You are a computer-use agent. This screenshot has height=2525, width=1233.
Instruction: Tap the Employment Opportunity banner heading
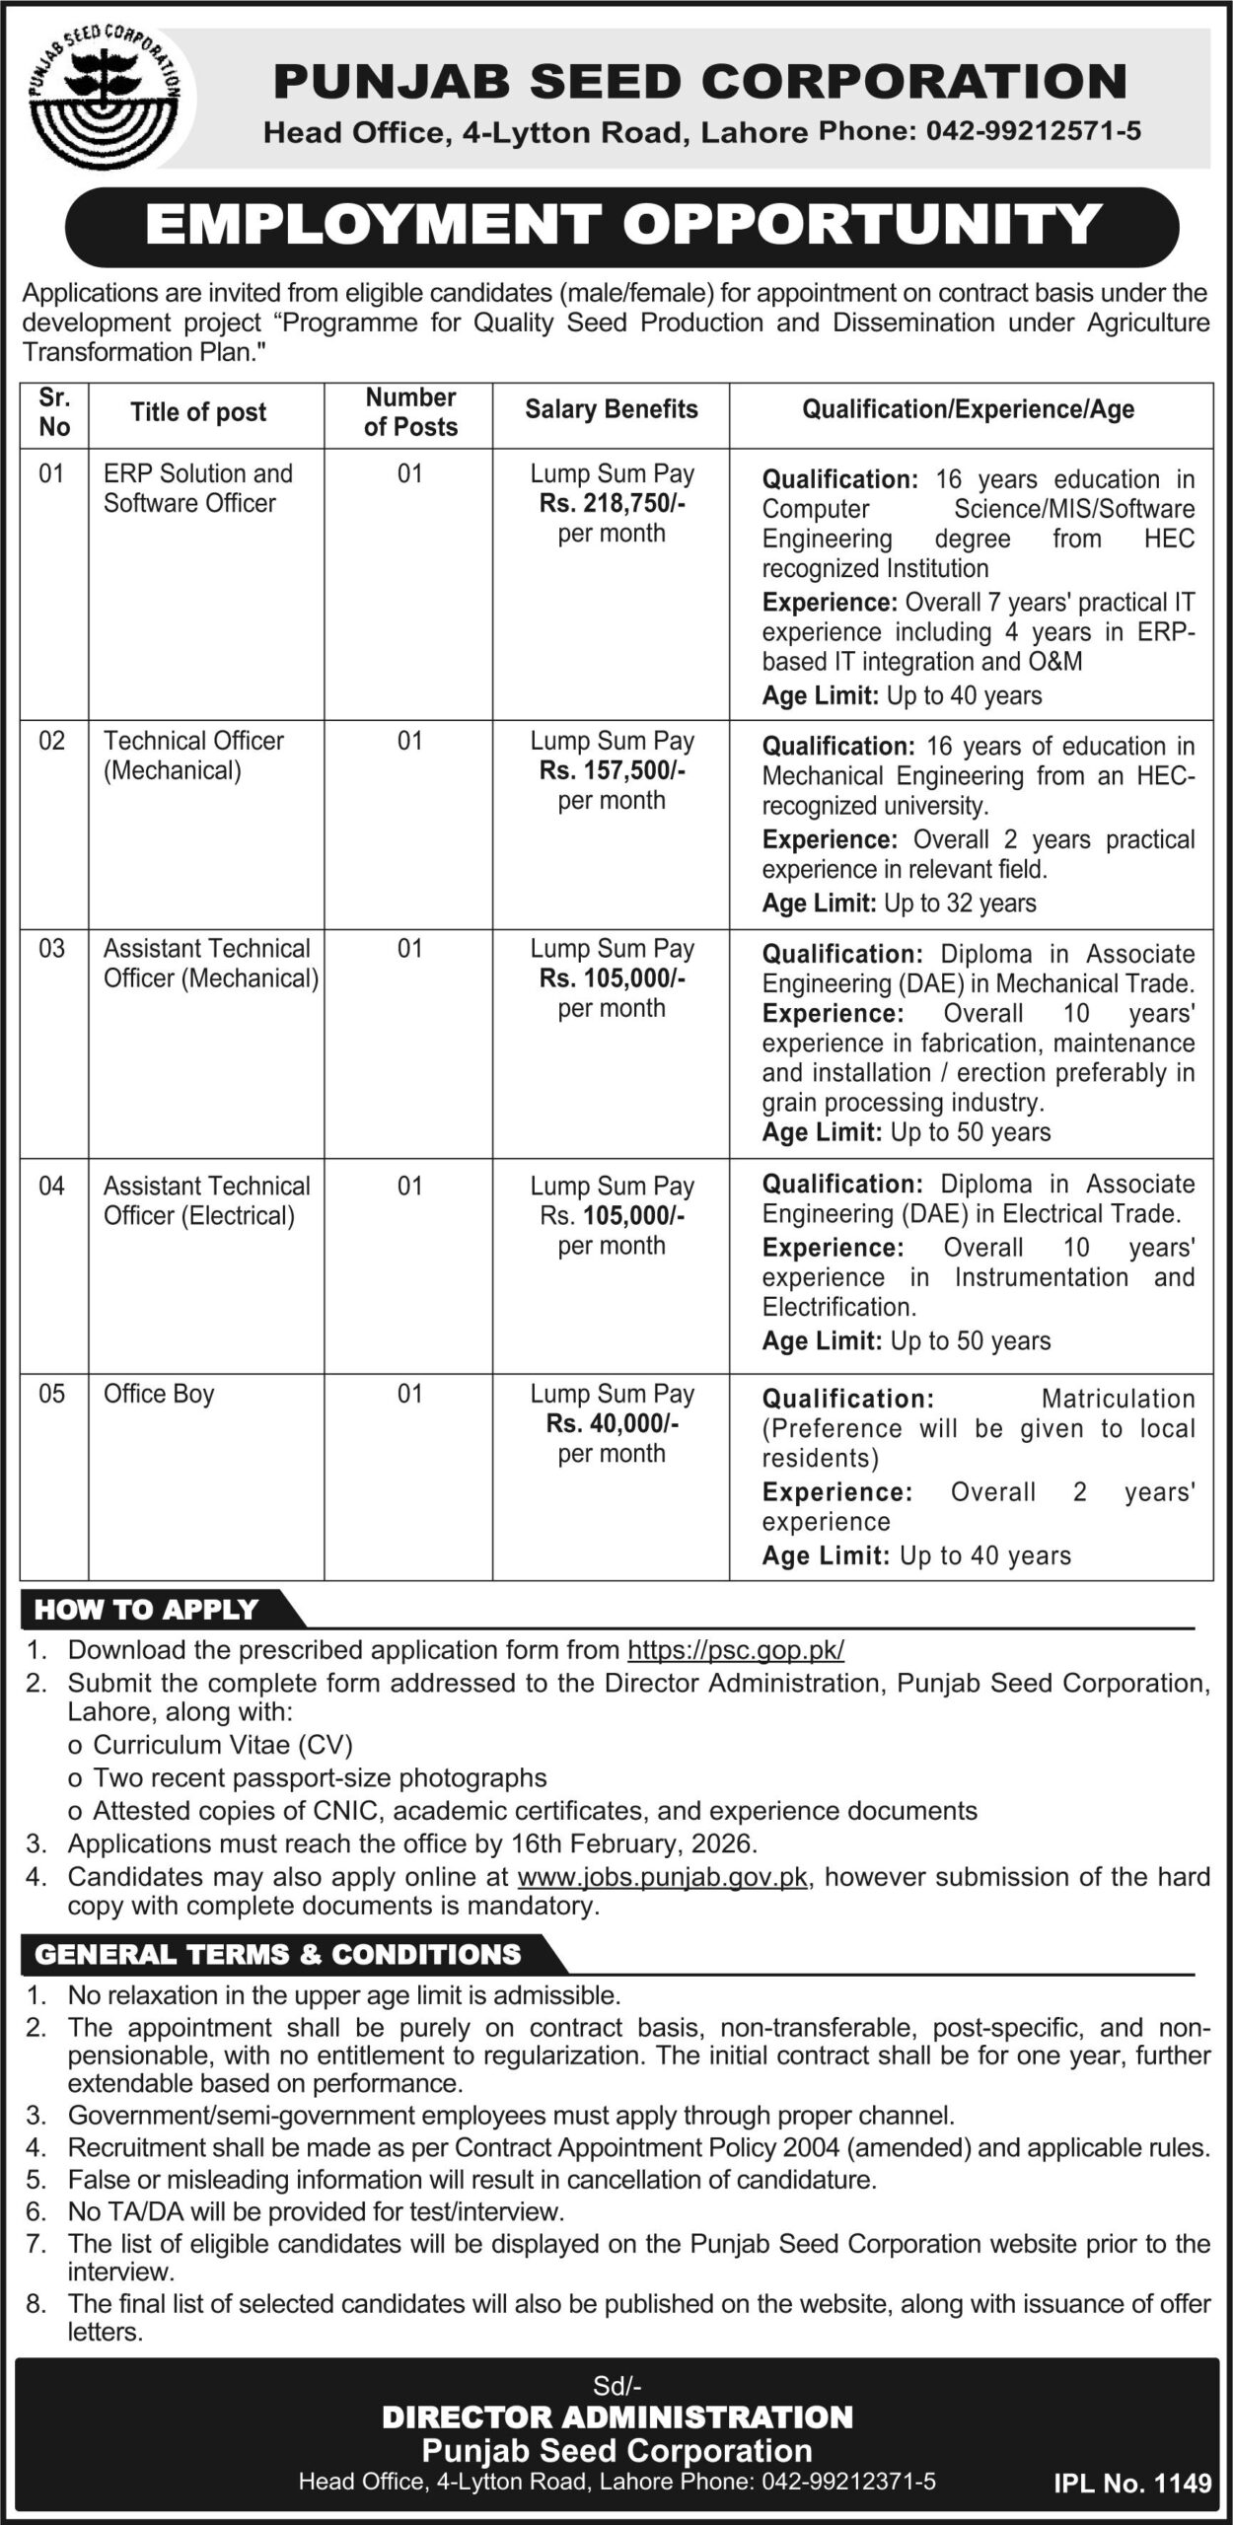click(622, 226)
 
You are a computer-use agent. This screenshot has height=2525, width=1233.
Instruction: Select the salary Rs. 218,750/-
click(612, 503)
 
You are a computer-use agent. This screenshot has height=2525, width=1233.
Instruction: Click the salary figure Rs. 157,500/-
click(612, 770)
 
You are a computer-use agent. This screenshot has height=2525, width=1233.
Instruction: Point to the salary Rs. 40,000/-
click(612, 1423)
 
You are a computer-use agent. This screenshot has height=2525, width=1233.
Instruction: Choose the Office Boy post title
click(159, 1394)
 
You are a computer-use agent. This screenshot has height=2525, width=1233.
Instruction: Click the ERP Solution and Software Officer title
click(197, 488)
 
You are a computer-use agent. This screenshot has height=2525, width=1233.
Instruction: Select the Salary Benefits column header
click(611, 409)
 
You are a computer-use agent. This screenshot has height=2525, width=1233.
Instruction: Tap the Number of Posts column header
click(410, 412)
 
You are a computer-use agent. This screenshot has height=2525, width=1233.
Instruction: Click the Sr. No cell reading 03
click(52, 949)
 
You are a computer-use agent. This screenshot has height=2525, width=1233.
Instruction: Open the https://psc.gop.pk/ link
click(736, 1649)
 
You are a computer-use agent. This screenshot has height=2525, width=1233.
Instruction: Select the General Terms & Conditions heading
click(277, 1954)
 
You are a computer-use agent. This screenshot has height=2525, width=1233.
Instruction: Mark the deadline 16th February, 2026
click(633, 1842)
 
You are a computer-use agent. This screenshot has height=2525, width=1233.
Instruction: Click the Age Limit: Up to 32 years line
click(899, 903)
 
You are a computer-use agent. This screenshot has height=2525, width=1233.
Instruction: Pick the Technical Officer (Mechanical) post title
click(193, 756)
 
